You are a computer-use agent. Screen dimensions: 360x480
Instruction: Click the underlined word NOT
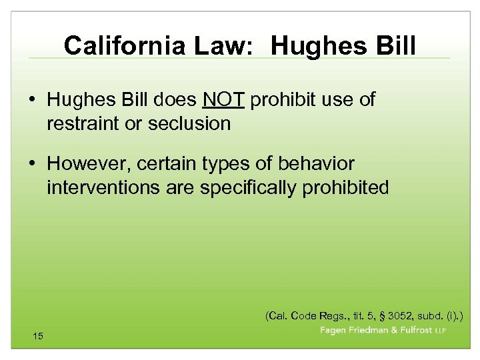tap(224, 100)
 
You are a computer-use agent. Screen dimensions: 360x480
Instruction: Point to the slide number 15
tap(37, 336)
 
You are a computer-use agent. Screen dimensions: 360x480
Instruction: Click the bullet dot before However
tap(33, 164)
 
